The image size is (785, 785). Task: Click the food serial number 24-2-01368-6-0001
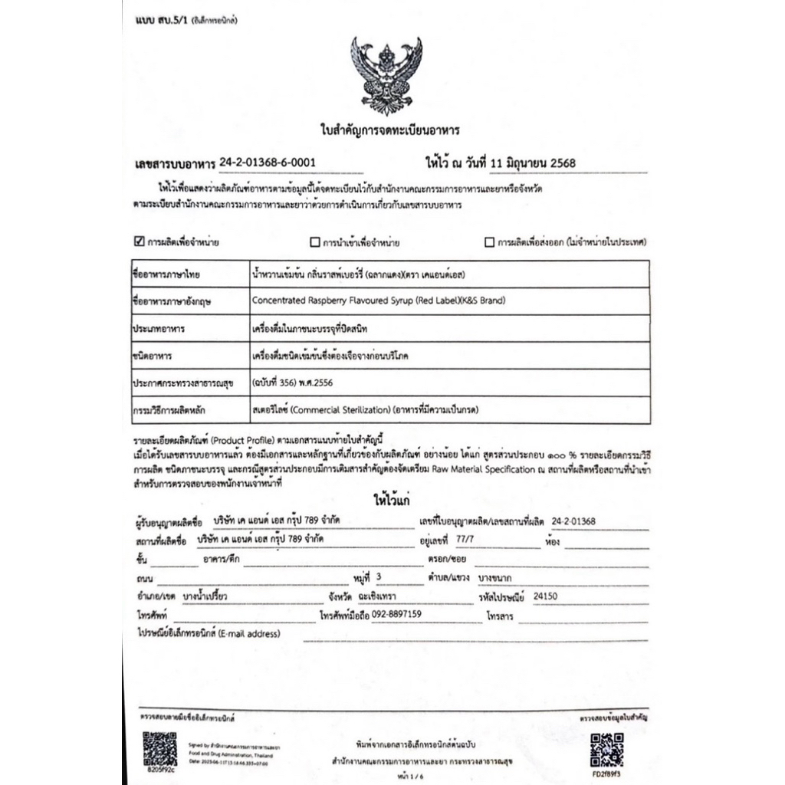266,162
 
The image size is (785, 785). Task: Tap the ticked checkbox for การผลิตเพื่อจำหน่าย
139,242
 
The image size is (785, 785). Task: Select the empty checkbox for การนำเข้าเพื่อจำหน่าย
314,242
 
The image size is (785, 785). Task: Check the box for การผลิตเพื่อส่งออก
489,242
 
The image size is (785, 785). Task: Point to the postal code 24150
545,595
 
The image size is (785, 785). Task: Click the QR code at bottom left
159,747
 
